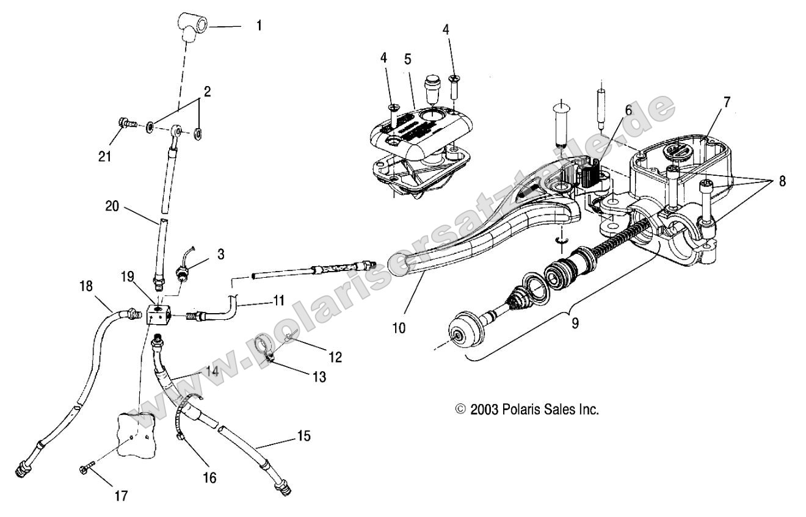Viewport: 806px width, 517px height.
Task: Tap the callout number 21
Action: click(106, 156)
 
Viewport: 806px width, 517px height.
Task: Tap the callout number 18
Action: click(85, 286)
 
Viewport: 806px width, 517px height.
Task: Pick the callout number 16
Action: click(209, 476)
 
